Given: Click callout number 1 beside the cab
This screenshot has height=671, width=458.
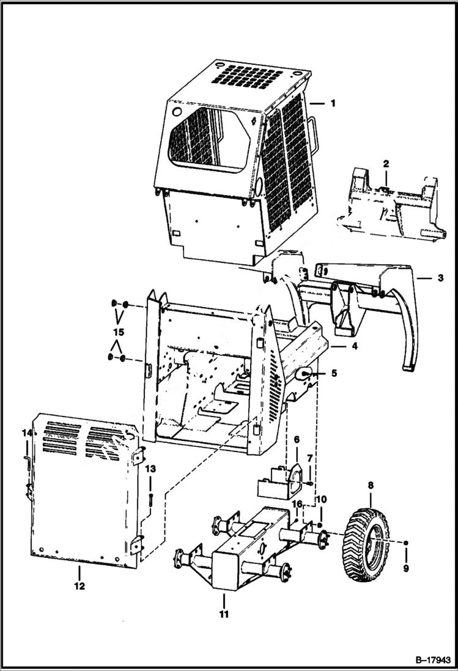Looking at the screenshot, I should pyautogui.click(x=333, y=103).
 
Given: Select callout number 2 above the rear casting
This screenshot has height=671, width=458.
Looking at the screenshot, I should pyautogui.click(x=386, y=163).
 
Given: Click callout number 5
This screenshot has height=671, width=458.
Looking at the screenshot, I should pyautogui.click(x=334, y=371).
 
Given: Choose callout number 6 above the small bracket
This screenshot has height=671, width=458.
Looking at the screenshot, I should pyautogui.click(x=297, y=439).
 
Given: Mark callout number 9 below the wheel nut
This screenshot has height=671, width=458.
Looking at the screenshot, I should pyautogui.click(x=407, y=567).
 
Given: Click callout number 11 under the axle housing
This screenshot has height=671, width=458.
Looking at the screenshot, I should pyautogui.click(x=224, y=614).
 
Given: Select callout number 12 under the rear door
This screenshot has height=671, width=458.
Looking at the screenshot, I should pyautogui.click(x=79, y=586).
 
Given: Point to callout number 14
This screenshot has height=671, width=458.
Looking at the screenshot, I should pyautogui.click(x=26, y=433).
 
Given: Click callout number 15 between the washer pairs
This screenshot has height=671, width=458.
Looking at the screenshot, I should pyautogui.click(x=119, y=332).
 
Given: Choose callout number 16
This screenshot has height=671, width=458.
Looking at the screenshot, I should pyautogui.click(x=298, y=503).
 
